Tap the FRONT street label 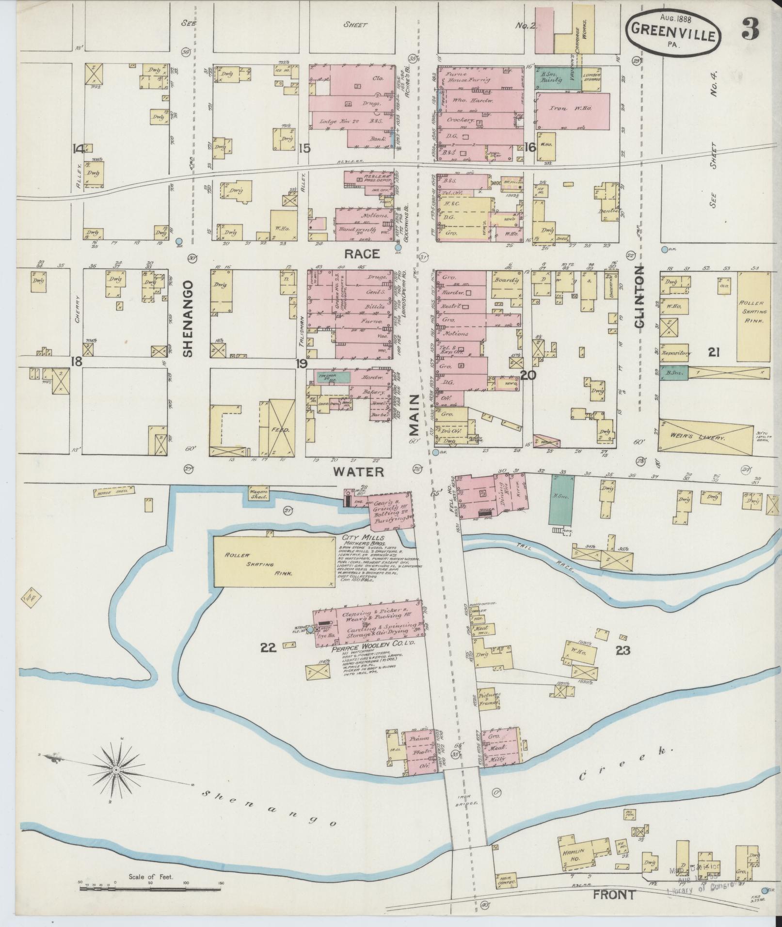coord(614,895)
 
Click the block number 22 coord(268,647)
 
